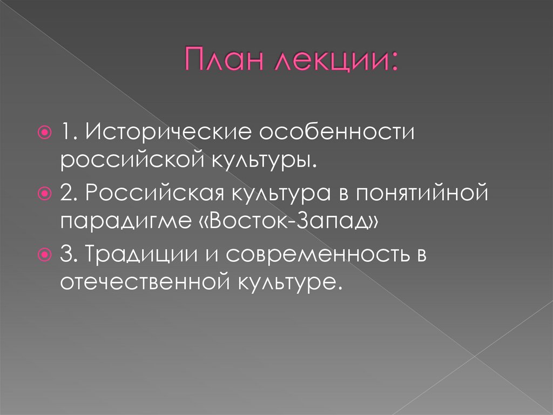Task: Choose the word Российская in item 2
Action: pyautogui.click(x=153, y=193)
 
